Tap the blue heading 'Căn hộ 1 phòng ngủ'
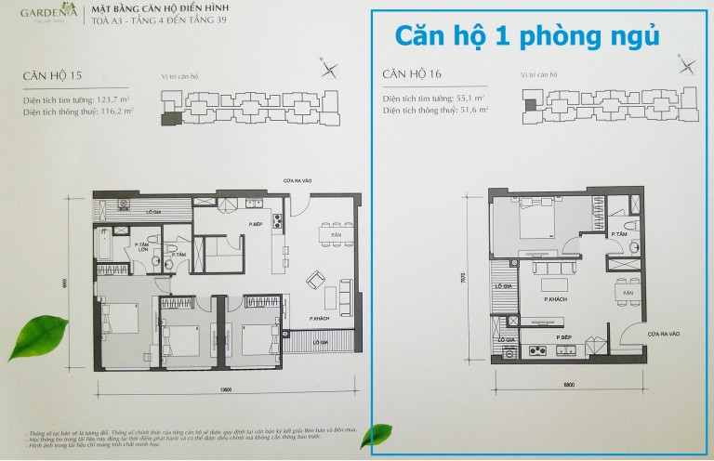point(526,35)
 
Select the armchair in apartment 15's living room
point(316,279)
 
